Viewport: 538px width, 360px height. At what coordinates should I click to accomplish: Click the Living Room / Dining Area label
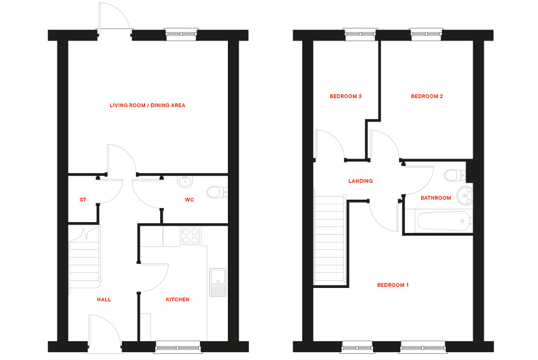(x=147, y=105)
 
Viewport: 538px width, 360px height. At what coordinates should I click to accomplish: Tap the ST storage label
(x=82, y=199)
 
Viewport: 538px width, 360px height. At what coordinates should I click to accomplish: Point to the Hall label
(x=103, y=299)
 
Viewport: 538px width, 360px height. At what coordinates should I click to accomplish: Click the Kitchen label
(x=178, y=299)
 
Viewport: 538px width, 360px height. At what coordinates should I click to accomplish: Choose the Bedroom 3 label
(x=345, y=96)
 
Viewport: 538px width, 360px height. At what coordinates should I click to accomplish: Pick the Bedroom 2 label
(x=427, y=96)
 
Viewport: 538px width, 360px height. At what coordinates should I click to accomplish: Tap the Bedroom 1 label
(x=393, y=285)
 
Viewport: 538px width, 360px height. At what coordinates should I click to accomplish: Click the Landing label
(x=360, y=181)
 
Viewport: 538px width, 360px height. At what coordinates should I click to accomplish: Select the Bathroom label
(x=436, y=198)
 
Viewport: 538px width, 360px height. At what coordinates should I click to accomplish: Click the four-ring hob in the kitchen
(x=190, y=235)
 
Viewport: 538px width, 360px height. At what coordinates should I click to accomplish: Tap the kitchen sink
(x=217, y=282)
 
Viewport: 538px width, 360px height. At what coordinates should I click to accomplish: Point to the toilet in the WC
(x=215, y=192)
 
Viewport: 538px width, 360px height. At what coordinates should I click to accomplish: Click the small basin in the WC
(x=184, y=181)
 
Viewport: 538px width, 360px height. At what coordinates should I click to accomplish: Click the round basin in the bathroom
(x=465, y=195)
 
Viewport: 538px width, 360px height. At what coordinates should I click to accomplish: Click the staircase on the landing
(x=329, y=239)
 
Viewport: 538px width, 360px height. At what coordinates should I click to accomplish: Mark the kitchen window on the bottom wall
(x=178, y=347)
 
